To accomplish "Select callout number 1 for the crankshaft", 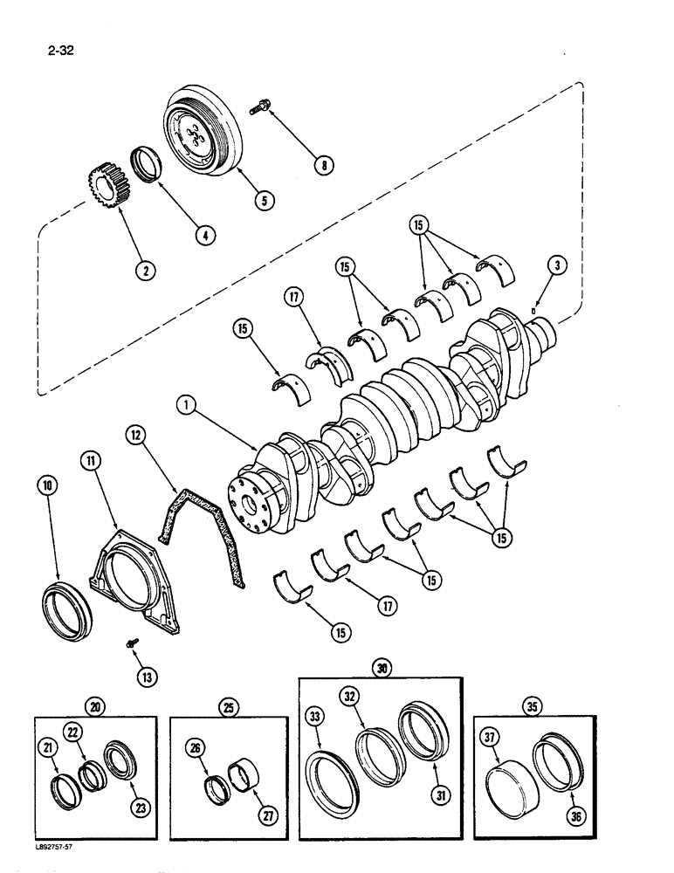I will pos(185,404).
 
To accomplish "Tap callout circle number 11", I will pos(93,459).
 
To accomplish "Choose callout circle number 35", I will pos(530,706).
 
